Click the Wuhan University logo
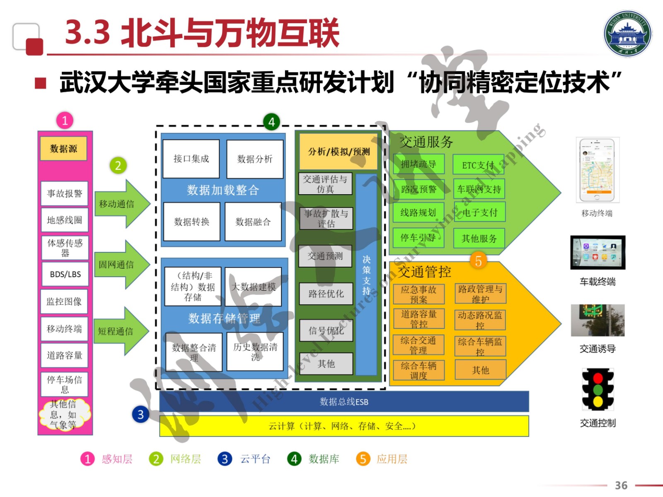[x=627, y=34]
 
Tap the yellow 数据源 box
[x=63, y=149]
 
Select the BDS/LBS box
[x=65, y=274]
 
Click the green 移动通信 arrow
[x=120, y=204]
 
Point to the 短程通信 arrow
[x=119, y=331]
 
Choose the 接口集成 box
[x=191, y=159]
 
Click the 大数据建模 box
[x=253, y=287]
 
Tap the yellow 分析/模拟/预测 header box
[x=339, y=152]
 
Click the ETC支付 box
[x=478, y=165]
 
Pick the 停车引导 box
[x=418, y=238]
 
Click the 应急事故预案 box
[x=419, y=294]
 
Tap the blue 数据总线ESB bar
[x=344, y=402]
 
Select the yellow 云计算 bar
[x=344, y=426]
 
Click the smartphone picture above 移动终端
[x=598, y=170]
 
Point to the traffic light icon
[x=598, y=389]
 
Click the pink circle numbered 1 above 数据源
[x=65, y=121]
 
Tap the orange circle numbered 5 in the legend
[x=363, y=459]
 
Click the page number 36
[x=621, y=485]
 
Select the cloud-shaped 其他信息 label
[x=64, y=414]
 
